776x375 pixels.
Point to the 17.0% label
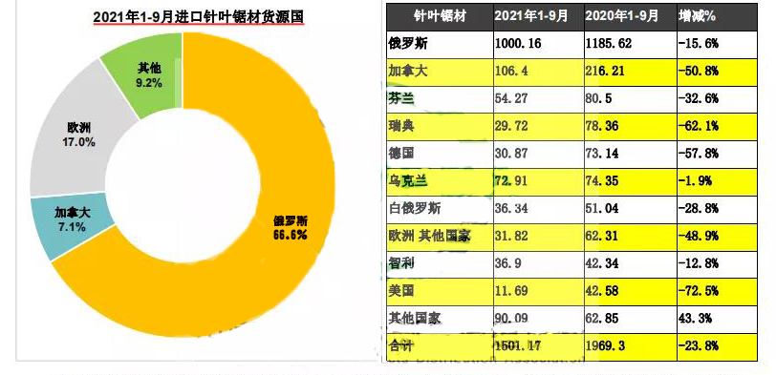[x=80, y=142]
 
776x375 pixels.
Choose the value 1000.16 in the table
[x=519, y=44]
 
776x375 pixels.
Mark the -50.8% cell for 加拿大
[x=699, y=71]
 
